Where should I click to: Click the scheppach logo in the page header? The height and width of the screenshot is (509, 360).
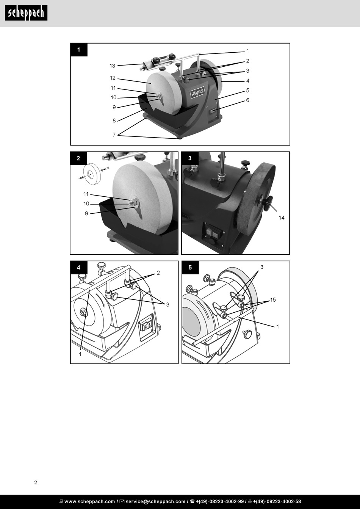coord(26,13)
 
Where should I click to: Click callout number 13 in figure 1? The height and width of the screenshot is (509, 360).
coord(112,66)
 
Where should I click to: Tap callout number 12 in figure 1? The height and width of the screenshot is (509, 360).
coord(113,78)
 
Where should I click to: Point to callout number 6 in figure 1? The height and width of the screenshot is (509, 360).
coord(247,100)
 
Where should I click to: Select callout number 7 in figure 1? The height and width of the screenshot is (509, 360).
coord(114,135)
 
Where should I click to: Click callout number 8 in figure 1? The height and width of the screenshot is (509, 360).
coord(114,121)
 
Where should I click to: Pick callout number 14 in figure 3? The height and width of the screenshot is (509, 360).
coord(282,218)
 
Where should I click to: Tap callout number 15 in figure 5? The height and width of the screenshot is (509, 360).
coord(273,300)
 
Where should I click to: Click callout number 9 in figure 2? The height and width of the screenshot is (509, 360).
coord(86,213)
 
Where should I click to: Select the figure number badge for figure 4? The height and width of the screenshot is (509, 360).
coord(78,268)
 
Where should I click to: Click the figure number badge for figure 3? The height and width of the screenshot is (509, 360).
coord(190,158)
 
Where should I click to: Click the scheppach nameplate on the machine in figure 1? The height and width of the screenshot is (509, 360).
coord(197,92)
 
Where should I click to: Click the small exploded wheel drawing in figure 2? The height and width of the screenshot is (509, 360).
coord(92,173)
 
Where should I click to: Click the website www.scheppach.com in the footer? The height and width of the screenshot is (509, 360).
coord(89,501)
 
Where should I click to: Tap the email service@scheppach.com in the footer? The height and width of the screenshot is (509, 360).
coord(155,501)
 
